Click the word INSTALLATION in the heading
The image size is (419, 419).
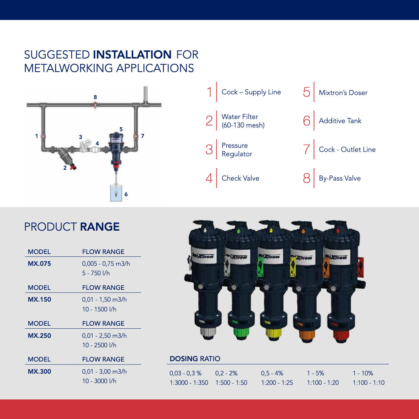pyautogui.click(x=132, y=54)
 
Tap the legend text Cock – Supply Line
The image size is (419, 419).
pyautogui.click(x=251, y=92)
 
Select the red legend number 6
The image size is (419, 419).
pyautogui.click(x=306, y=121)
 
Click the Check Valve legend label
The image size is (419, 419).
pyautogui.click(x=240, y=178)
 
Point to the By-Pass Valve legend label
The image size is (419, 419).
pyautogui.click(x=340, y=178)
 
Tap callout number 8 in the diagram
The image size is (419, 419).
pyautogui.click(x=95, y=97)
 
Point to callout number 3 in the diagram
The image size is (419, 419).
pyautogui.click(x=80, y=137)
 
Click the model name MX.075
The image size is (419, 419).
pyautogui.click(x=39, y=263)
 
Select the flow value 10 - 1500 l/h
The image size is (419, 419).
pyautogui.click(x=99, y=309)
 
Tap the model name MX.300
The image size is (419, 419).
pyautogui.click(x=39, y=371)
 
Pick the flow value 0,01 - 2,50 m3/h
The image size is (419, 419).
pyautogui.click(x=104, y=335)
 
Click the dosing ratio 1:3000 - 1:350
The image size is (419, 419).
pyautogui.click(x=189, y=382)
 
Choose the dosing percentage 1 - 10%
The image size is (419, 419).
pyautogui.click(x=363, y=373)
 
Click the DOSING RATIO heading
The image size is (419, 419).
pyautogui.click(x=195, y=359)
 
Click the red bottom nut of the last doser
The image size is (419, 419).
pyautogui.click(x=340, y=336)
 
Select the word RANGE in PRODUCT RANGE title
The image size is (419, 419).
pyautogui.click(x=100, y=227)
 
